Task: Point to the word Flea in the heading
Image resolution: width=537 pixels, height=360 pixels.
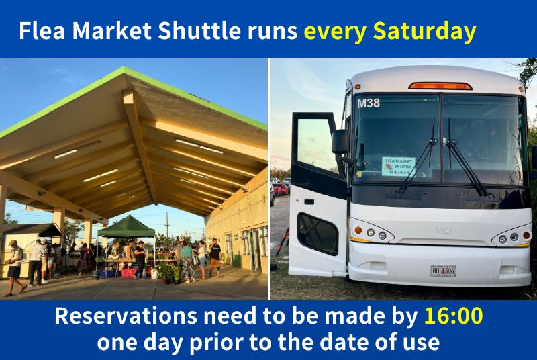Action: tap(42, 30)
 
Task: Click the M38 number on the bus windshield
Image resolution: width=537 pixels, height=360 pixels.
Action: tap(369, 103)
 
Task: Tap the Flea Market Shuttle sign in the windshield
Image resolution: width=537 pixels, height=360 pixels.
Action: tap(398, 166)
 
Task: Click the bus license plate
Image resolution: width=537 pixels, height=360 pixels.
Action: tap(443, 271)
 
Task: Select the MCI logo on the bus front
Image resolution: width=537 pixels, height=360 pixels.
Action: tap(443, 230)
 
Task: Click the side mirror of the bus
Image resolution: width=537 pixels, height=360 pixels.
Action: tap(340, 142)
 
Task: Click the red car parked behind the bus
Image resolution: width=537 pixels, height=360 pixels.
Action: tap(280, 189)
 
